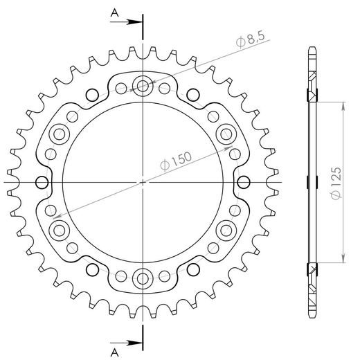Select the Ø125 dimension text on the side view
(x=334, y=182)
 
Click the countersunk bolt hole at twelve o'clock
(x=143, y=87)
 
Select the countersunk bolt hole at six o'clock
(x=143, y=278)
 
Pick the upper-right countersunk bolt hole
(x=226, y=134)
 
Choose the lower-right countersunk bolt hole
(x=226, y=229)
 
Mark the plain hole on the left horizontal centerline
(x=42, y=182)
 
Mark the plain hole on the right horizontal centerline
(x=244, y=182)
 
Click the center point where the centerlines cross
(x=143, y=182)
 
